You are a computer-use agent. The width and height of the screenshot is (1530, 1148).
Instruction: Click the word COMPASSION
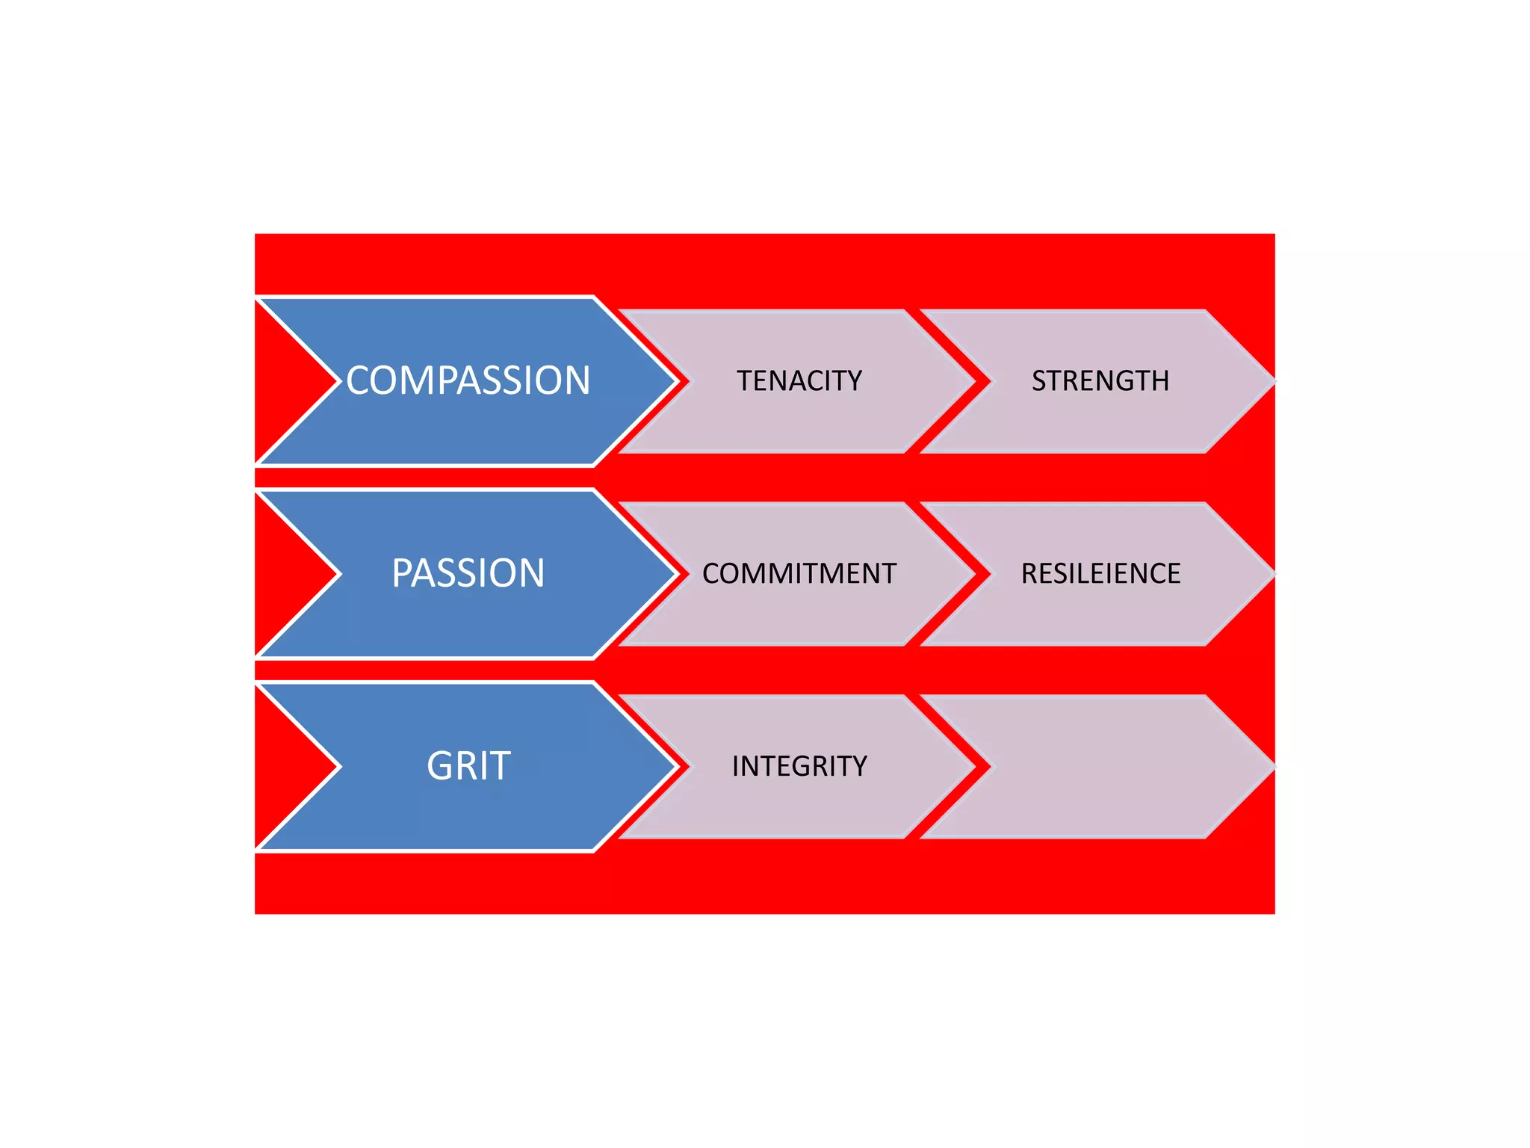click(x=468, y=380)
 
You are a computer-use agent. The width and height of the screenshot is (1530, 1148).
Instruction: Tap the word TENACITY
click(x=799, y=381)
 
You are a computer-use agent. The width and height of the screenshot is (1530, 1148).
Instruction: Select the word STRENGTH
click(x=1100, y=381)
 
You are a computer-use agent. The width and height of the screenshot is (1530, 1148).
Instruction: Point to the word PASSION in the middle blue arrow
click(x=468, y=573)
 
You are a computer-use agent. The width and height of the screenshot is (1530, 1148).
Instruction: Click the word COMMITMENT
click(x=799, y=573)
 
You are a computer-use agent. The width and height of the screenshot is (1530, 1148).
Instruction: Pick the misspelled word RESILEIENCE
click(x=1100, y=573)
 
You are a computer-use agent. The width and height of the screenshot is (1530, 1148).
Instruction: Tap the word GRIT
click(x=468, y=766)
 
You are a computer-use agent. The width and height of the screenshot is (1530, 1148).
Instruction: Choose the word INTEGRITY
click(x=799, y=766)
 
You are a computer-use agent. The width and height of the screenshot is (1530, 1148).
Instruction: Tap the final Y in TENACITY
click(x=854, y=381)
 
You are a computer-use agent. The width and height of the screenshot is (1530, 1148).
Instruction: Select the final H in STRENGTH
click(x=1160, y=381)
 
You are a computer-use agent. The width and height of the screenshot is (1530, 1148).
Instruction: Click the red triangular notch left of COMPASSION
click(x=288, y=381)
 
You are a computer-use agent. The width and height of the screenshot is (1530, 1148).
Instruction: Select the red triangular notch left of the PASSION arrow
click(x=288, y=573)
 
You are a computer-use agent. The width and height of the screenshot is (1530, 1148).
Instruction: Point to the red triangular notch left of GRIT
click(x=288, y=766)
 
